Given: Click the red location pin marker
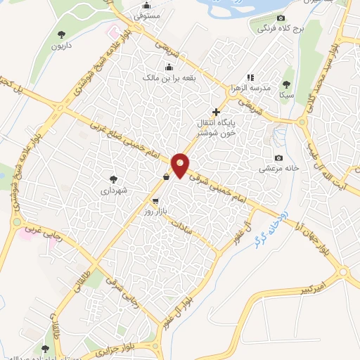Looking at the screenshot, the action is pos(181,165).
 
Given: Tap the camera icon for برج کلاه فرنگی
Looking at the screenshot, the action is pos(281,18).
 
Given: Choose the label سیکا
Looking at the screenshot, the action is pos(286,94).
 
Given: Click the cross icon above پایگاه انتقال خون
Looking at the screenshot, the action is pos(216,111).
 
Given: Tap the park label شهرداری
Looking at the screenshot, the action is pos(112,190).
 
